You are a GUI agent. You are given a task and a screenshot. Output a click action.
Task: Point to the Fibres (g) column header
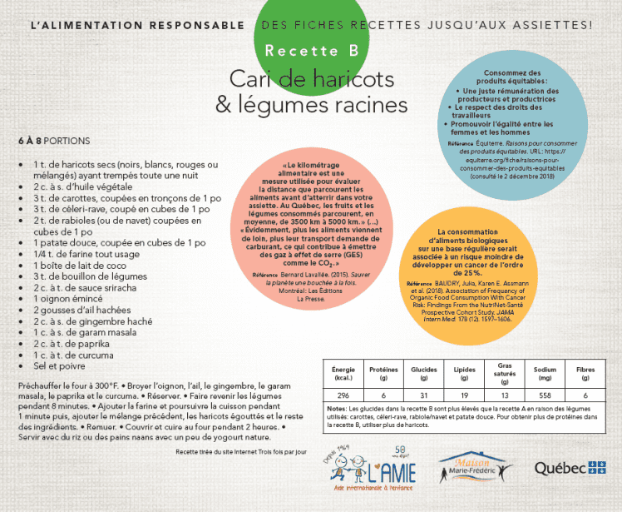pos(585,373)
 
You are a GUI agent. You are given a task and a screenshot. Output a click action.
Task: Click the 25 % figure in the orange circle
pos(471,272)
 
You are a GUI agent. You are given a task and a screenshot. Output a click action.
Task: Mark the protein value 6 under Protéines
pos(383,395)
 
